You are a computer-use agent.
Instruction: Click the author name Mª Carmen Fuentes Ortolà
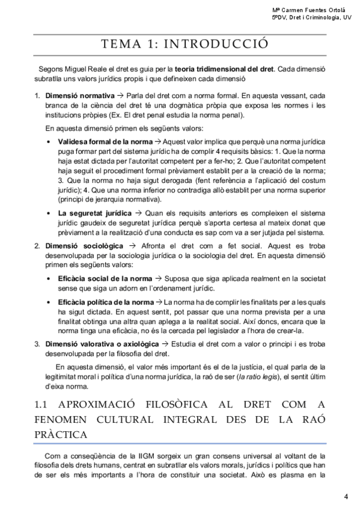(311, 10)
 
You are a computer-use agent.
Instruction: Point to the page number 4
(346, 496)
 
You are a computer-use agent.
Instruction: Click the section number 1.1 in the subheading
(40, 404)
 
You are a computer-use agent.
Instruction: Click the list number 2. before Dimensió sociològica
(37, 247)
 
